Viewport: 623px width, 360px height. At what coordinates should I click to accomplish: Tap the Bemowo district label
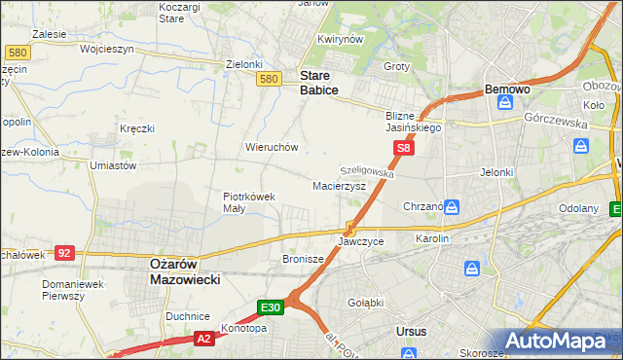point(507,90)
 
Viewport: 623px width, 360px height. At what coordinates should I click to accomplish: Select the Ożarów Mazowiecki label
point(185,270)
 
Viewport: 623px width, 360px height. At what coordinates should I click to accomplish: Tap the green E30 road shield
point(272,307)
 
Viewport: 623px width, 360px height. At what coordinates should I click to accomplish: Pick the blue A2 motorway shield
point(203,338)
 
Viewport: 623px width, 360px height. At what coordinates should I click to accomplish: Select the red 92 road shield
point(64,252)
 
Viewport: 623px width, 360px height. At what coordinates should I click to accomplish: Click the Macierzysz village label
point(339,185)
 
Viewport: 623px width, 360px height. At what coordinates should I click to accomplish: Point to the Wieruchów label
point(271,147)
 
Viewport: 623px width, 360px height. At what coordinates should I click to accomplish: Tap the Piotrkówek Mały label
point(249,201)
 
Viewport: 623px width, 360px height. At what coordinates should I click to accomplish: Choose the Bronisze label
point(302,259)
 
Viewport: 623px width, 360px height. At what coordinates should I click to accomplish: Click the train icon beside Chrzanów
point(453,206)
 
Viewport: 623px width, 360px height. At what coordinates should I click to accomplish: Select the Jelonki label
point(496,172)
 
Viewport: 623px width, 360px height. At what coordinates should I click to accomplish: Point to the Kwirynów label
point(340,40)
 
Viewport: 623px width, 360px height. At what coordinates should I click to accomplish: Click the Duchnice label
point(188,316)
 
